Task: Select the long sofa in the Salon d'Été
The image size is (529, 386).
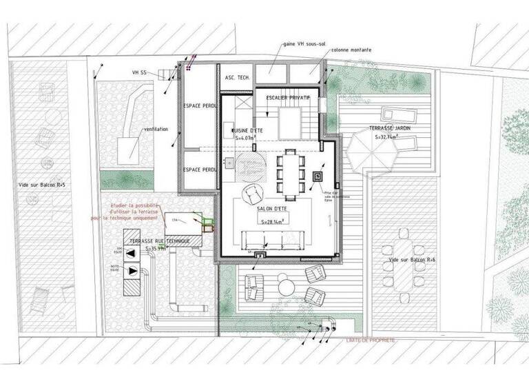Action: click(x=274, y=241)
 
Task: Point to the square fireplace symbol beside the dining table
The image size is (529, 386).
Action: click(x=320, y=176)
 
